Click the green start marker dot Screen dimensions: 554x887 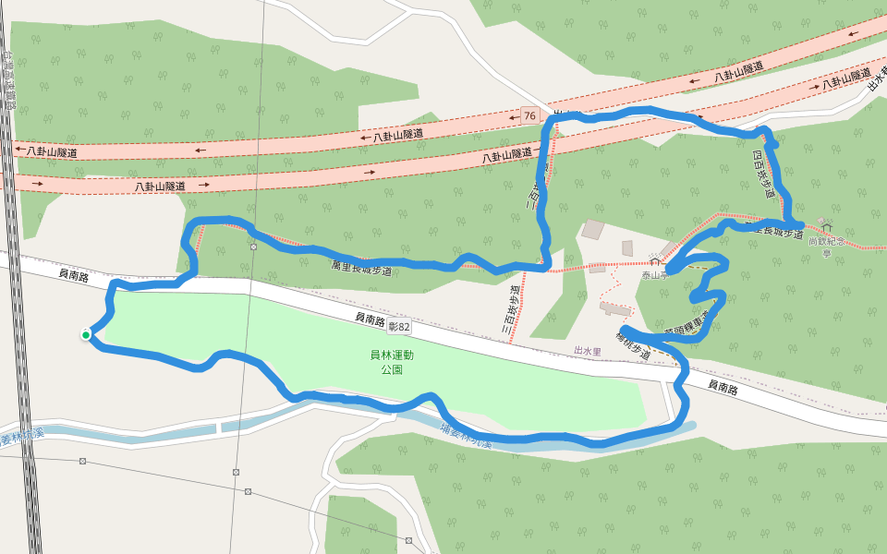pos(86,334)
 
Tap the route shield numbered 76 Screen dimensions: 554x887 pos(529,115)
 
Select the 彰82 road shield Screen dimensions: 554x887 pos(399,327)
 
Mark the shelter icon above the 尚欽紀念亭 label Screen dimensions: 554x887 pos(825,224)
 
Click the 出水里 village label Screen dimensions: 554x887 pos(588,352)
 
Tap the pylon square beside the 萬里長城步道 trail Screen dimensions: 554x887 pos(252,247)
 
